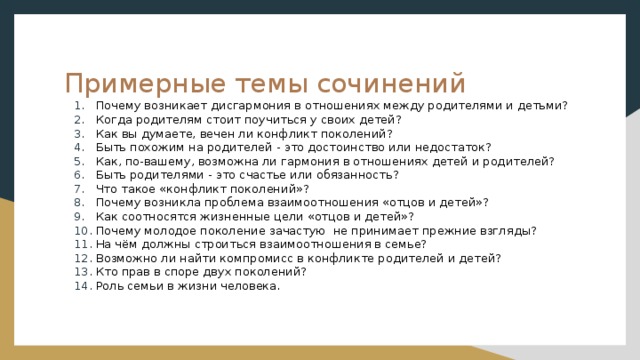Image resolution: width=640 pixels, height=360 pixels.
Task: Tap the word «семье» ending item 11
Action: [404, 244]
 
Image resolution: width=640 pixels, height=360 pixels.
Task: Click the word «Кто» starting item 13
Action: [106, 271]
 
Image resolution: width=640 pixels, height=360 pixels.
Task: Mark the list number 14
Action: [83, 285]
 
